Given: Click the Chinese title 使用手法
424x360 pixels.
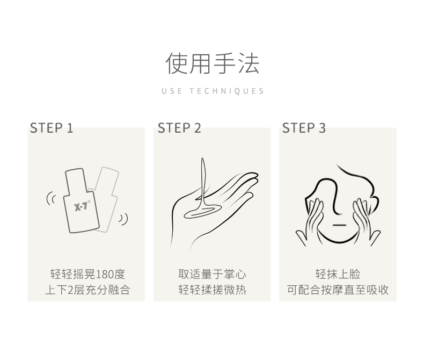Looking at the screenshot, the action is click(x=213, y=63).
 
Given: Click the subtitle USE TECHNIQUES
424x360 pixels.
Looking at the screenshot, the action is click(x=213, y=91).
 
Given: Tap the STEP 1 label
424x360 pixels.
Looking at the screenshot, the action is click(x=52, y=128).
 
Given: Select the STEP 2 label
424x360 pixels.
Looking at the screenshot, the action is click(x=179, y=128).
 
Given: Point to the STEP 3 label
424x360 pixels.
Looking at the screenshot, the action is click(x=304, y=128).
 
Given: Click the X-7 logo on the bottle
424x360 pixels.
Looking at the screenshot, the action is click(x=82, y=206).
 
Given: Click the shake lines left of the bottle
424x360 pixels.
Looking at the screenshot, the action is click(x=50, y=198).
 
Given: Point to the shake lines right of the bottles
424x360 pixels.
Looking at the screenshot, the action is click(x=123, y=219).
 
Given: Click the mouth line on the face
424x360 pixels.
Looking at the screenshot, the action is click(x=339, y=225).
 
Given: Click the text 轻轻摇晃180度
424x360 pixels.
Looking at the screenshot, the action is click(x=87, y=274).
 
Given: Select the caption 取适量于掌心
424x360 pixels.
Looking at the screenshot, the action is click(x=213, y=274).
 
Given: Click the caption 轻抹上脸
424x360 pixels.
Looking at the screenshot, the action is click(x=338, y=274).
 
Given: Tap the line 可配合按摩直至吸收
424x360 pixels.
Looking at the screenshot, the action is click(x=338, y=290).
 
